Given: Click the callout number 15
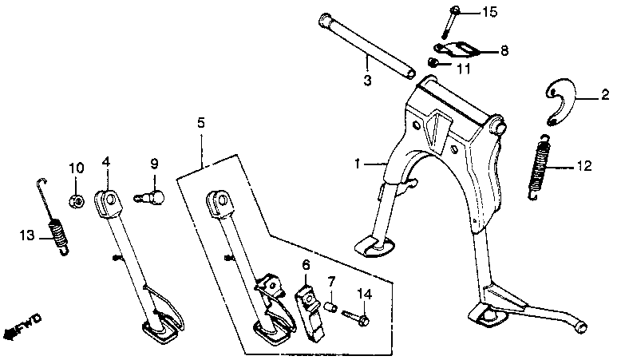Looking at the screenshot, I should click(x=489, y=11).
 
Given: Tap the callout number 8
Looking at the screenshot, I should click(x=504, y=50).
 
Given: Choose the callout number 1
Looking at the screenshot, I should click(x=358, y=164).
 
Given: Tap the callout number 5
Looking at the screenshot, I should click(x=201, y=123).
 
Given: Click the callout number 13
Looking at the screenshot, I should click(x=26, y=235).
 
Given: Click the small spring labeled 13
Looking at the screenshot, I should click(x=57, y=236).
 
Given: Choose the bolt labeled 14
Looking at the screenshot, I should click(x=356, y=318).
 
